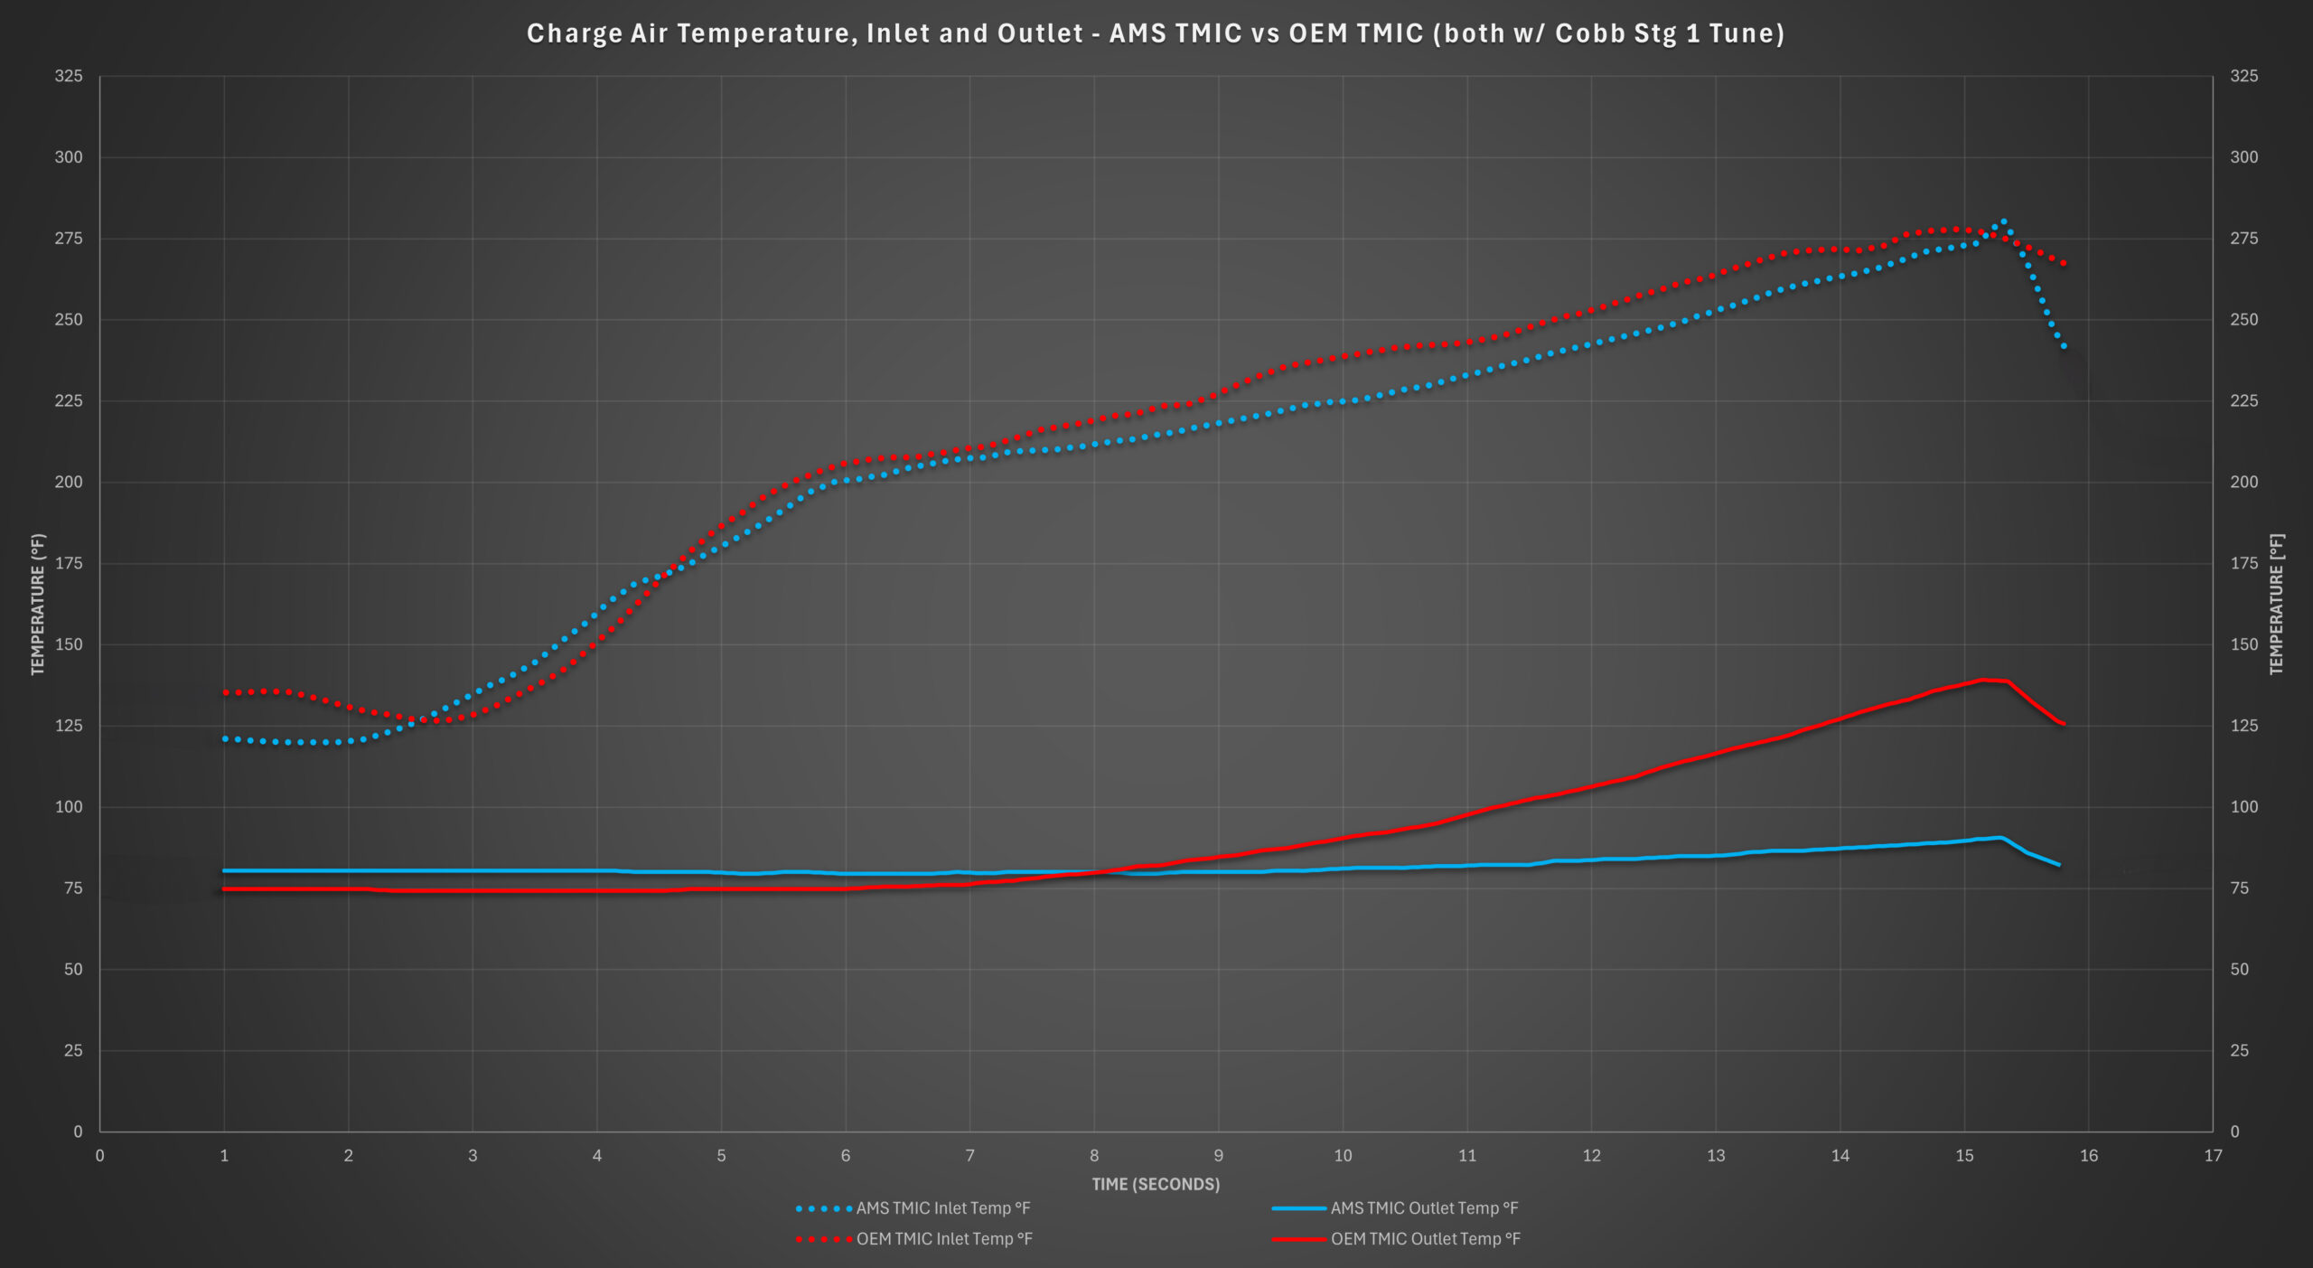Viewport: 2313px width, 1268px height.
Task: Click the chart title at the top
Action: [x=1156, y=33]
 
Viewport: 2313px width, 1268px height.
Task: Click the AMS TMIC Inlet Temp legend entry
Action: [x=913, y=1208]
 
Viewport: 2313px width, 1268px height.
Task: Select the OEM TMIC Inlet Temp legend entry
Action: [x=914, y=1239]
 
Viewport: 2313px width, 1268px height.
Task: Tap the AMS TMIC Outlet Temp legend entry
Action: [x=1395, y=1208]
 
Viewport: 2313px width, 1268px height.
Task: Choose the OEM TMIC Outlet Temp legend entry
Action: [x=1396, y=1239]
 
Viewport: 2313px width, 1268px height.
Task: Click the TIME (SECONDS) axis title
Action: [x=1156, y=1184]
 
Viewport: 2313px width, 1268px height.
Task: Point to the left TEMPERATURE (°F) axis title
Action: [x=38, y=604]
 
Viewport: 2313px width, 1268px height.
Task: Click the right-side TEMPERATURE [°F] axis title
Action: [x=2276, y=604]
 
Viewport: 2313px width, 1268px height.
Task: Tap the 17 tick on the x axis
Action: [x=2213, y=1155]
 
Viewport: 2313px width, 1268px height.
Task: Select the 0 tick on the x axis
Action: [x=99, y=1155]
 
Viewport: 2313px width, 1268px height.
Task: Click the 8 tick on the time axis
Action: [x=1094, y=1155]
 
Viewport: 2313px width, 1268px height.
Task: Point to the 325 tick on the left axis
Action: [x=69, y=76]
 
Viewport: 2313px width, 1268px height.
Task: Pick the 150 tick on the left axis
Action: [x=69, y=644]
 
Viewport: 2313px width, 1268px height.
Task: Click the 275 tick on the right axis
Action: [x=2244, y=239]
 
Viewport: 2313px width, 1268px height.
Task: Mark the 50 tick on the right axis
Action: [x=2240, y=969]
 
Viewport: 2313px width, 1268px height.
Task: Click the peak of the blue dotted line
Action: [x=2004, y=221]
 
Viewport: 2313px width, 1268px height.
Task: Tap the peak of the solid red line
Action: [x=1981, y=680]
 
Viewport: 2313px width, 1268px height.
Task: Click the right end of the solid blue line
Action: [x=2059, y=865]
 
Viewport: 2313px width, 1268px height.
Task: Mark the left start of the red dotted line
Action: [x=225, y=692]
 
